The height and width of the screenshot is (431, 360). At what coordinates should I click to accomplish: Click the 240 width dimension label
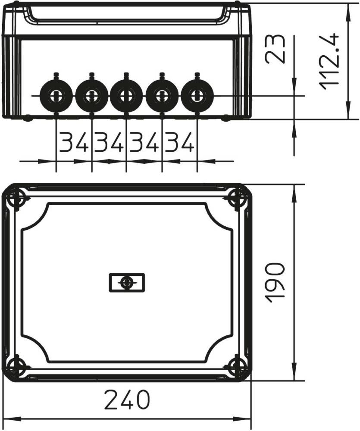127,399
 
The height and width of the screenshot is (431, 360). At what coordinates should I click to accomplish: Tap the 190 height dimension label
275,283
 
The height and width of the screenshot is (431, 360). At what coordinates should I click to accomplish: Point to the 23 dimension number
275,49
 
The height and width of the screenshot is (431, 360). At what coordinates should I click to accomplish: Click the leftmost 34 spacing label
74,142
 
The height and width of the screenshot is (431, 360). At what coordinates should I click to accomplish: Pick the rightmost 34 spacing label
179,142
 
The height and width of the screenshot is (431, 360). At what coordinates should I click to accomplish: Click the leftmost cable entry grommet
56,96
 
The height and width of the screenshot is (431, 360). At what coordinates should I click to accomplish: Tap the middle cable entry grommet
126,96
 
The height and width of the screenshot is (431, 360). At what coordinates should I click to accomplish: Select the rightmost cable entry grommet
197,96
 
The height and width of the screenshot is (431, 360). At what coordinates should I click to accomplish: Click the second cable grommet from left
91,96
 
